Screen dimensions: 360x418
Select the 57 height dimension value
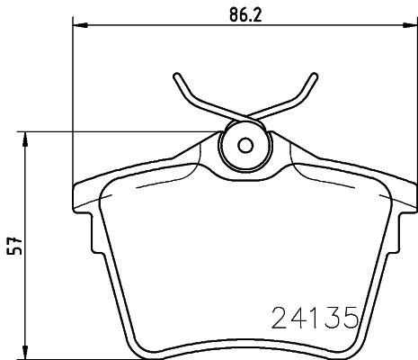pyautogui.click(x=13, y=246)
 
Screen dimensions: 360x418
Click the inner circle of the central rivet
pyautogui.click(x=244, y=146)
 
